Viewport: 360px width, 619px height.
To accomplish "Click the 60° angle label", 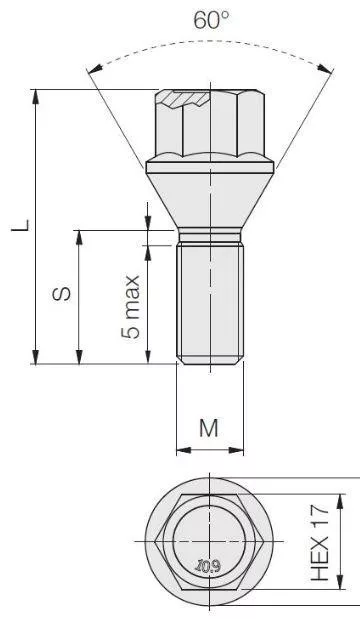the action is (211, 20).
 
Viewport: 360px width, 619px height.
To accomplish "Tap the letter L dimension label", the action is (20, 225).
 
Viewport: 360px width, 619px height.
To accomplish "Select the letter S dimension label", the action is (62, 293).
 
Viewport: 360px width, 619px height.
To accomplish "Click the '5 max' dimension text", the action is (131, 307).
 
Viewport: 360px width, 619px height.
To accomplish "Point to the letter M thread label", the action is (209, 428).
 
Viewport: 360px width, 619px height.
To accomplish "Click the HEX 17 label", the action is (320, 542).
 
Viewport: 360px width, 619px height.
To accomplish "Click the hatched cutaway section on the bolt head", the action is (184, 99).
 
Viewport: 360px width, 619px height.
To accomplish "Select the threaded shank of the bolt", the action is (210, 302).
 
